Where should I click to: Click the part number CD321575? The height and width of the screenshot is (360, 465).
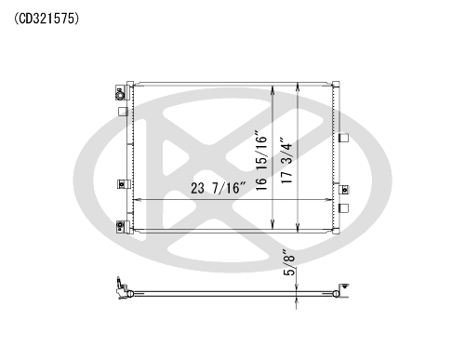[46, 19]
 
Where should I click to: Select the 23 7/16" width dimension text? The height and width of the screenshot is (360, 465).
[219, 188]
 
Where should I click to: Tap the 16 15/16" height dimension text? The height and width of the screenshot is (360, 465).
[261, 162]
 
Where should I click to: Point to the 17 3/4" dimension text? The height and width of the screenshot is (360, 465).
[286, 160]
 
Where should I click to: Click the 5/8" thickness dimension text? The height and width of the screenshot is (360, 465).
[289, 262]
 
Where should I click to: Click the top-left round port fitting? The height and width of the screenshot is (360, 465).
[120, 96]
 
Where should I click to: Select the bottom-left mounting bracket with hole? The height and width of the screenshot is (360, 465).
[121, 227]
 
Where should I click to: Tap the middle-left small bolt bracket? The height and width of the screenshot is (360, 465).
[121, 184]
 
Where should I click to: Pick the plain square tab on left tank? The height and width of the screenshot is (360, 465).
[124, 112]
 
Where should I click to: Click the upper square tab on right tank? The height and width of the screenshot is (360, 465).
[344, 138]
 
